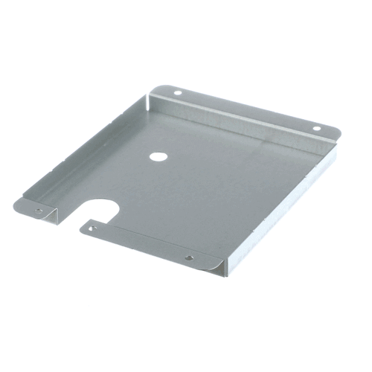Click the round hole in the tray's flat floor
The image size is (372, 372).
(x=158, y=157)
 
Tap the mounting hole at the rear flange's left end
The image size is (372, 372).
(x=177, y=93)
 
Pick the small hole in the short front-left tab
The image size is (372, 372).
(x=38, y=211)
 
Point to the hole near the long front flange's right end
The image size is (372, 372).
(x=189, y=257)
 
